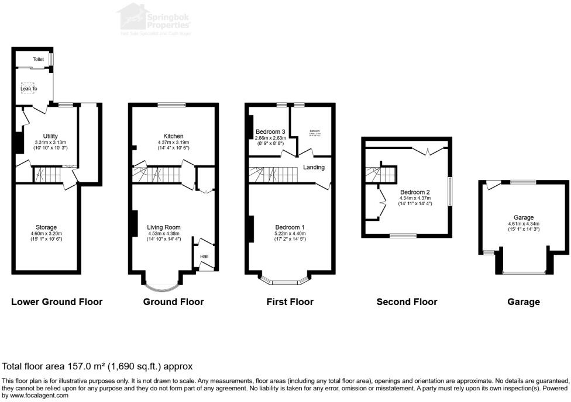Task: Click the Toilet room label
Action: point(38,59)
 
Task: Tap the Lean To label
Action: point(29,89)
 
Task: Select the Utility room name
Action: point(50,136)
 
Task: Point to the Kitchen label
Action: point(174,136)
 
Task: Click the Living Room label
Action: point(164,227)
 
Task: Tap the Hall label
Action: point(204,256)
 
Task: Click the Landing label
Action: point(314,167)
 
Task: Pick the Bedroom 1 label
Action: point(290,227)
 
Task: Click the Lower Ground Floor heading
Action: point(57,302)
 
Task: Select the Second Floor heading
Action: point(407,302)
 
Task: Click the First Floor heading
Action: point(290,302)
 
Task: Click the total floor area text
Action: point(97,367)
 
